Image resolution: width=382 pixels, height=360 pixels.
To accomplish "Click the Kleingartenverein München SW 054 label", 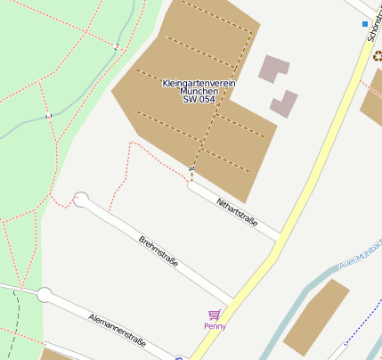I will [199, 91].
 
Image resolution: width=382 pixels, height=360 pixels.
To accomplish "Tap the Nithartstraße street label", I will [236, 212].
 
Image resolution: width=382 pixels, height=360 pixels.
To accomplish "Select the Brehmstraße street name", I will [158, 251].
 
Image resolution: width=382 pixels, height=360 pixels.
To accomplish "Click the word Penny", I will [215, 326].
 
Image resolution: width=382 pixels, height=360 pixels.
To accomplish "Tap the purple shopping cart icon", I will [214, 315].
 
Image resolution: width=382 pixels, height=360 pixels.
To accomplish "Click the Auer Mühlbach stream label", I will [360, 254].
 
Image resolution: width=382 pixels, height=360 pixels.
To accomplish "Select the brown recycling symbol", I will [378, 55].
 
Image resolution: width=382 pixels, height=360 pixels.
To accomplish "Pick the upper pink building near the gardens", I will [273, 69].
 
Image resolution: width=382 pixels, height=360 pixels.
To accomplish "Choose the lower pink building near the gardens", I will [284, 103].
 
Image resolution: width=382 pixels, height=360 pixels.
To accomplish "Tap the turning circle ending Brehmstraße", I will [81, 200].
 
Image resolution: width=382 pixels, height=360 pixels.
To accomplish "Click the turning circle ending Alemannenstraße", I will [44, 295].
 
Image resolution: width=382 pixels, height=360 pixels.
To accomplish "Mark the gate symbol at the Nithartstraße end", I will [191, 168].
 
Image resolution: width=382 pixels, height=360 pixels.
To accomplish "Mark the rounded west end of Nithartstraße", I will [191, 185].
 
